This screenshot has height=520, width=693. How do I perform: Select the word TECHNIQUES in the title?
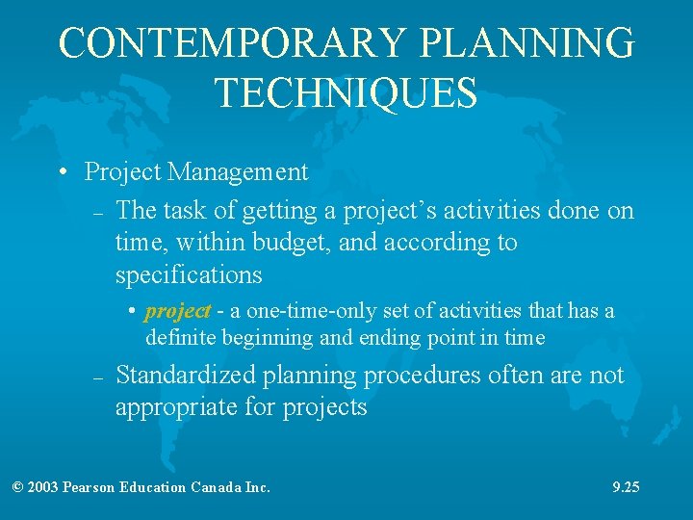coord(346,93)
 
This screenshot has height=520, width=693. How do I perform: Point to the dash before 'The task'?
coord(97,212)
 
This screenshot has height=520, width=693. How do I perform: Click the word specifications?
coord(188,275)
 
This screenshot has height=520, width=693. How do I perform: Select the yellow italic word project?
coord(177,311)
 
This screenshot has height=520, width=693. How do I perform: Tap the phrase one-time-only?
coord(290,311)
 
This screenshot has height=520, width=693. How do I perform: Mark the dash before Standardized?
coord(97,378)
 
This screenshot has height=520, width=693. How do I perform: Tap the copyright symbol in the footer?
coord(17,487)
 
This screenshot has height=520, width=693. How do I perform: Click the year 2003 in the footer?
coord(43,487)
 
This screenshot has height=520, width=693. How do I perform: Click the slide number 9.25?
coord(626,487)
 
